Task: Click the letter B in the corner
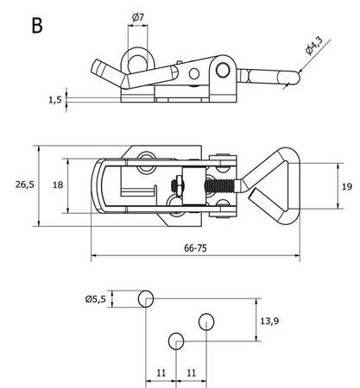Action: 37,25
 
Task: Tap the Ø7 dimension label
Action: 137,17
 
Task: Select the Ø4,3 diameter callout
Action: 314,46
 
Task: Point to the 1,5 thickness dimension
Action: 55,100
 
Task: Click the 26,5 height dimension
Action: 25,185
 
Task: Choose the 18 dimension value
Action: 58,185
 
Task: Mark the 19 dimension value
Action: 347,186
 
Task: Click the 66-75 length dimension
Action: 195,248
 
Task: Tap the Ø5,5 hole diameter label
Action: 96,299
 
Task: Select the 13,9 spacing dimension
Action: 269,321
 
